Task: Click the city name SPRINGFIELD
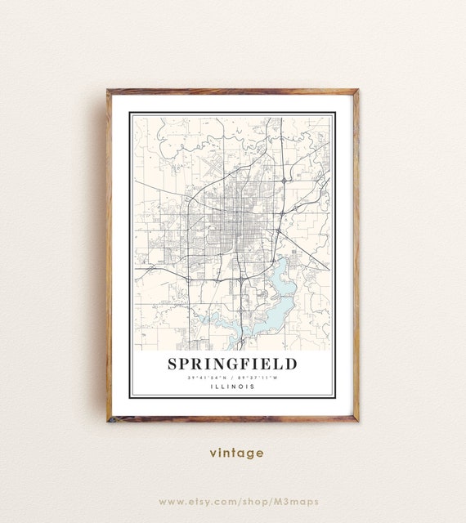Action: tap(233, 364)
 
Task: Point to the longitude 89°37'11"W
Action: tap(258, 378)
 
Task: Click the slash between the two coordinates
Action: tap(233, 378)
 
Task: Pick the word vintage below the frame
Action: tap(236, 453)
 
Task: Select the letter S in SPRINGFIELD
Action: tap(173, 364)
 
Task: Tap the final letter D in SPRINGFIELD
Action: tap(292, 364)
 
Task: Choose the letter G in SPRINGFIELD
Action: tap(238, 364)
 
